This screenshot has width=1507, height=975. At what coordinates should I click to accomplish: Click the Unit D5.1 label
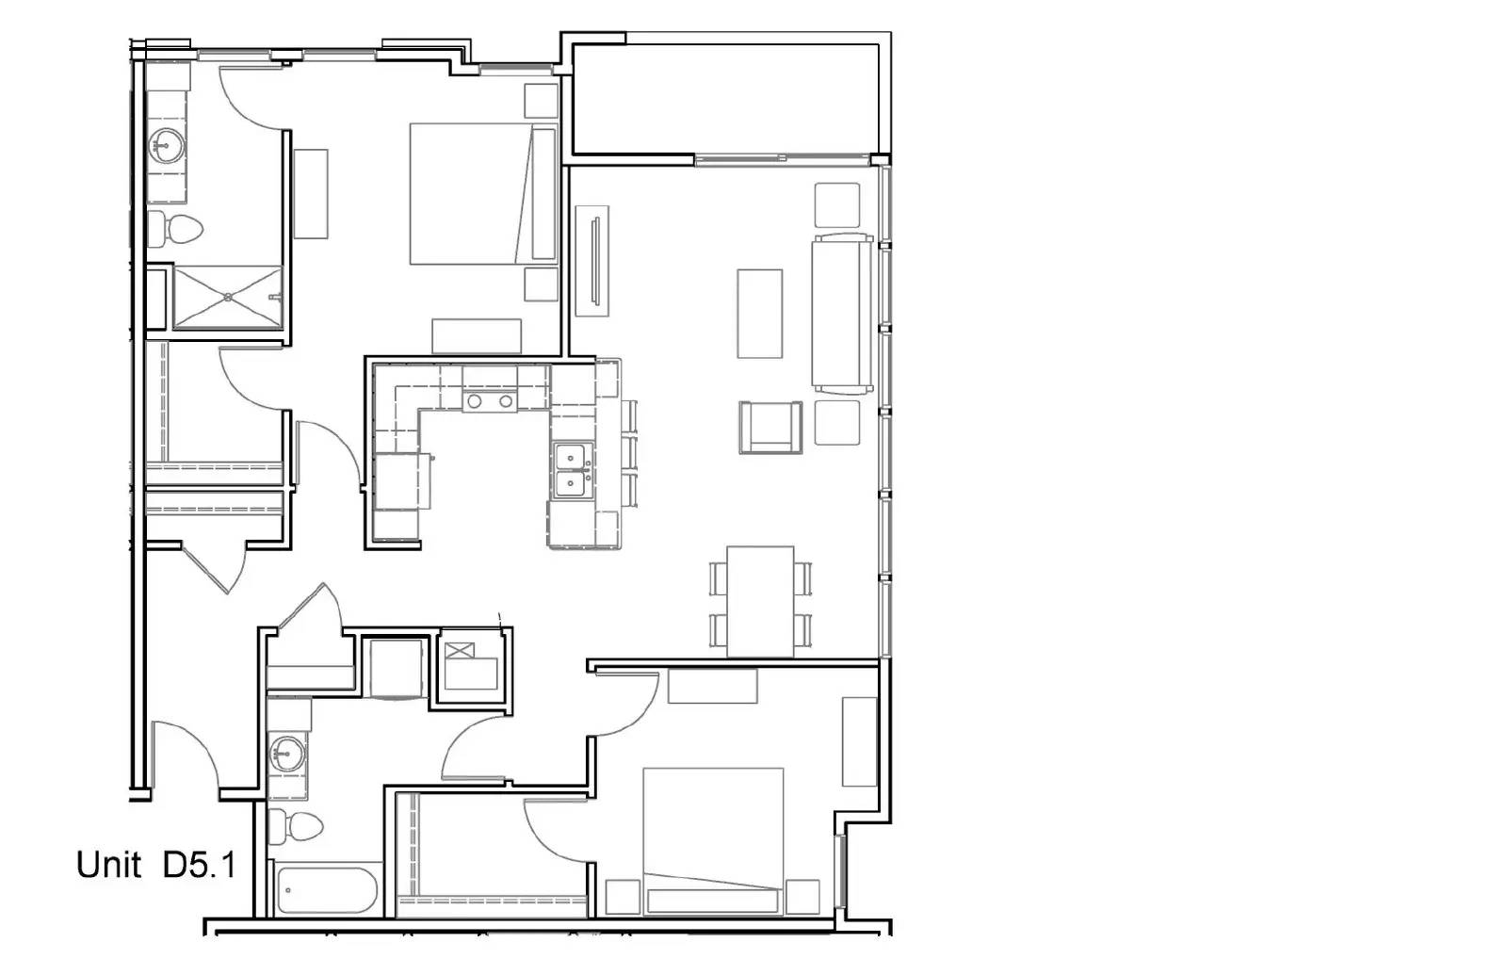(156, 865)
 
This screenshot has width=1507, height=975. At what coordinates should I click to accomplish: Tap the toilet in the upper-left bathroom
(175, 230)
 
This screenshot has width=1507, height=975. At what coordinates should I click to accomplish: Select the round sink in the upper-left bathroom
(165, 145)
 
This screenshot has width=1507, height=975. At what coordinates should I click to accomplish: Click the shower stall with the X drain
(228, 297)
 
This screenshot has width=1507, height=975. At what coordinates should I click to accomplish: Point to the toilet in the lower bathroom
(296, 826)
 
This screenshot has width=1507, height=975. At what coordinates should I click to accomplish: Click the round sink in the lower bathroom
(287, 754)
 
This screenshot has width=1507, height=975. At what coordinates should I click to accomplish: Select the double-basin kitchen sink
(573, 470)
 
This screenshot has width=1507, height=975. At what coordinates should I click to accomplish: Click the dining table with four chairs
(760, 602)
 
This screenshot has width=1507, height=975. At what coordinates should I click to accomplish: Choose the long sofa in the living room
(843, 314)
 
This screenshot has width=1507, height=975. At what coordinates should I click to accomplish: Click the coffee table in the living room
(759, 314)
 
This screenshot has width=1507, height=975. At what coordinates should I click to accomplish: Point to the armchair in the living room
(770, 428)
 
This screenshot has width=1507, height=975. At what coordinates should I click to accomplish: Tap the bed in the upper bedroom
(484, 194)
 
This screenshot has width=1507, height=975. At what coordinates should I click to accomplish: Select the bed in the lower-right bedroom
(713, 842)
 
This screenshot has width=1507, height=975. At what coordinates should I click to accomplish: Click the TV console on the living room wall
(592, 261)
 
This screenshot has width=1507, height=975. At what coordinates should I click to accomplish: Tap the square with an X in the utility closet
(460, 651)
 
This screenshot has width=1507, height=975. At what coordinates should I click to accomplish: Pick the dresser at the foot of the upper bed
(477, 335)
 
